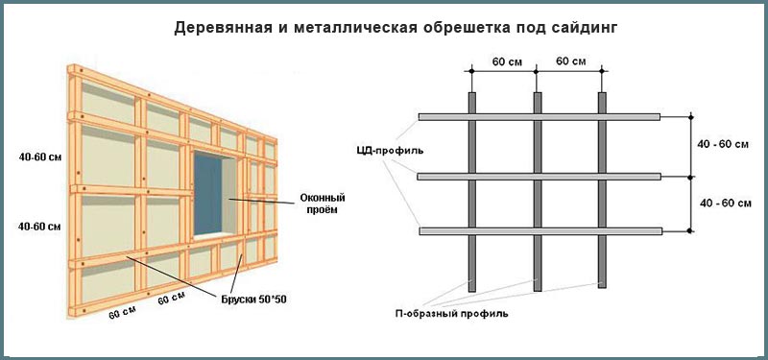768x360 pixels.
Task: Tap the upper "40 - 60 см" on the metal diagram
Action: point(725,145)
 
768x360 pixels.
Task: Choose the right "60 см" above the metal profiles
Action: point(571,61)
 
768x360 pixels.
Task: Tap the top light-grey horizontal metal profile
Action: point(540,117)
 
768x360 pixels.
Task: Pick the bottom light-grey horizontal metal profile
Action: point(540,230)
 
